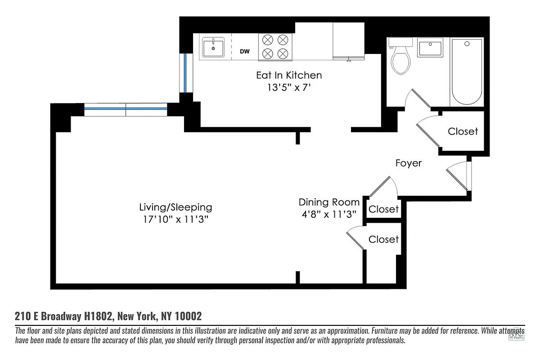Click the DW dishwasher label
(x=244, y=52)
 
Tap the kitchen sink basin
(x=213, y=47)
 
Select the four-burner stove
(x=275, y=47)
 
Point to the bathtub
(x=467, y=72)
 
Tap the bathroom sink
(x=430, y=48)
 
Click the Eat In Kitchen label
(x=289, y=75)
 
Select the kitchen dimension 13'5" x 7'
(x=289, y=88)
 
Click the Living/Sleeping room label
(x=175, y=207)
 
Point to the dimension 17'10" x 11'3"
(x=175, y=220)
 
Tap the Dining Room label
(x=329, y=202)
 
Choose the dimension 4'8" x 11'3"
(x=329, y=214)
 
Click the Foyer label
(x=409, y=163)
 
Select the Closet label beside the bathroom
(x=463, y=131)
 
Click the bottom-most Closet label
(x=383, y=239)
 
